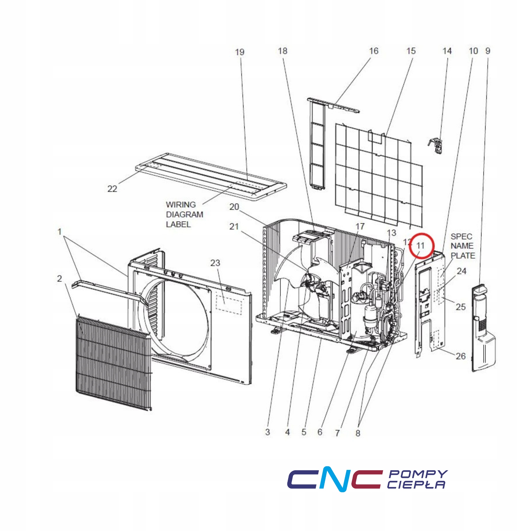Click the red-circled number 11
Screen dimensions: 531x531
(x=420, y=245)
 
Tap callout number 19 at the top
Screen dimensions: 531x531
(x=240, y=52)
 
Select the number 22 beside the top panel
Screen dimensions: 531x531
(x=112, y=189)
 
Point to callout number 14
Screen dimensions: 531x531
(x=447, y=51)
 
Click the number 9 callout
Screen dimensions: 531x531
(x=488, y=51)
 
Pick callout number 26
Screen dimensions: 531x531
(x=460, y=356)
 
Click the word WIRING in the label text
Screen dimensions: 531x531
(x=181, y=204)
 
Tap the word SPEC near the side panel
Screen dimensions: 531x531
(x=461, y=236)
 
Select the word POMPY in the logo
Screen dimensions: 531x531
(x=418, y=474)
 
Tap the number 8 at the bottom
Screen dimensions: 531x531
(x=358, y=433)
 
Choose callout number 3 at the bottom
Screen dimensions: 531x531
(x=267, y=432)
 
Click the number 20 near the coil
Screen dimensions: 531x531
(x=234, y=207)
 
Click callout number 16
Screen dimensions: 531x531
(x=373, y=51)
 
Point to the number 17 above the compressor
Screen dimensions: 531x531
(x=360, y=226)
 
